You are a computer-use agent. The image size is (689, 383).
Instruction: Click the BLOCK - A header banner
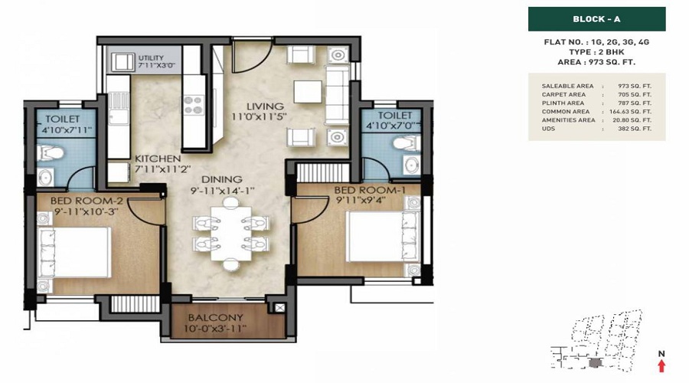(x=596, y=19)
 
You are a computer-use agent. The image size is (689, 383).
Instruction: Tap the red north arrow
(x=661, y=365)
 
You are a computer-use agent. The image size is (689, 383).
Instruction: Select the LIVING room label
(x=265, y=106)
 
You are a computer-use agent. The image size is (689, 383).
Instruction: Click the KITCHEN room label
(x=158, y=159)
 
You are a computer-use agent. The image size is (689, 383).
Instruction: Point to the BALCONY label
(x=215, y=317)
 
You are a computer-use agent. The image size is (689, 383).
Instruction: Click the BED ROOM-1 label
(x=370, y=191)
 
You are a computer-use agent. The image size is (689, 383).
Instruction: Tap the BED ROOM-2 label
(x=87, y=201)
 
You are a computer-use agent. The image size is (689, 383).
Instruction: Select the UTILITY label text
(x=151, y=57)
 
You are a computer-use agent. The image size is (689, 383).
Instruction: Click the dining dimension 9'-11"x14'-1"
(x=223, y=191)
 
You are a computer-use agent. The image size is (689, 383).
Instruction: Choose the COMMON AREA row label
(x=566, y=112)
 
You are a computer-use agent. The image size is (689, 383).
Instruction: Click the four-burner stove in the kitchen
(x=194, y=106)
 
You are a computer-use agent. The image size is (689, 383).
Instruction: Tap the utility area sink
(x=122, y=61)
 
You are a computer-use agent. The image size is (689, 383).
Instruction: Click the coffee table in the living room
(x=308, y=92)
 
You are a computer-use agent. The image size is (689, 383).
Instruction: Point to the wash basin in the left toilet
(x=45, y=178)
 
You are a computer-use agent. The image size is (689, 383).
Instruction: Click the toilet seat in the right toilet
(x=405, y=143)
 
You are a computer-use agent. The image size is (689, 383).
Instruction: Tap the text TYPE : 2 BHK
(x=596, y=52)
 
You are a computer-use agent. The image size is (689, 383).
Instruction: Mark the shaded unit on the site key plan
(x=595, y=363)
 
